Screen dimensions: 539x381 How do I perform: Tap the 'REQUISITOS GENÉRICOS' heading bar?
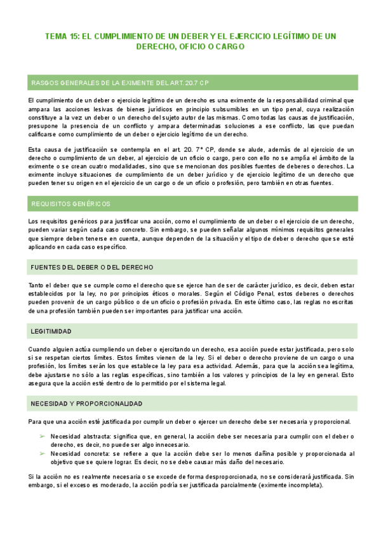click(x=70, y=204)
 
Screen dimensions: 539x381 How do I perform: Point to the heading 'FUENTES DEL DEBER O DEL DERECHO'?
click(x=91, y=268)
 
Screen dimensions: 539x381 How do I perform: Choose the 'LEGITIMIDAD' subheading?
click(x=51, y=332)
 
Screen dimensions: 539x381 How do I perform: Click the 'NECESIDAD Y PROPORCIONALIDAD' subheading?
click(x=86, y=386)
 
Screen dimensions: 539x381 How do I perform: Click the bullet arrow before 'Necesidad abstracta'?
click(x=43, y=437)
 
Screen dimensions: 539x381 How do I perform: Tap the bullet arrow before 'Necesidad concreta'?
click(x=43, y=454)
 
